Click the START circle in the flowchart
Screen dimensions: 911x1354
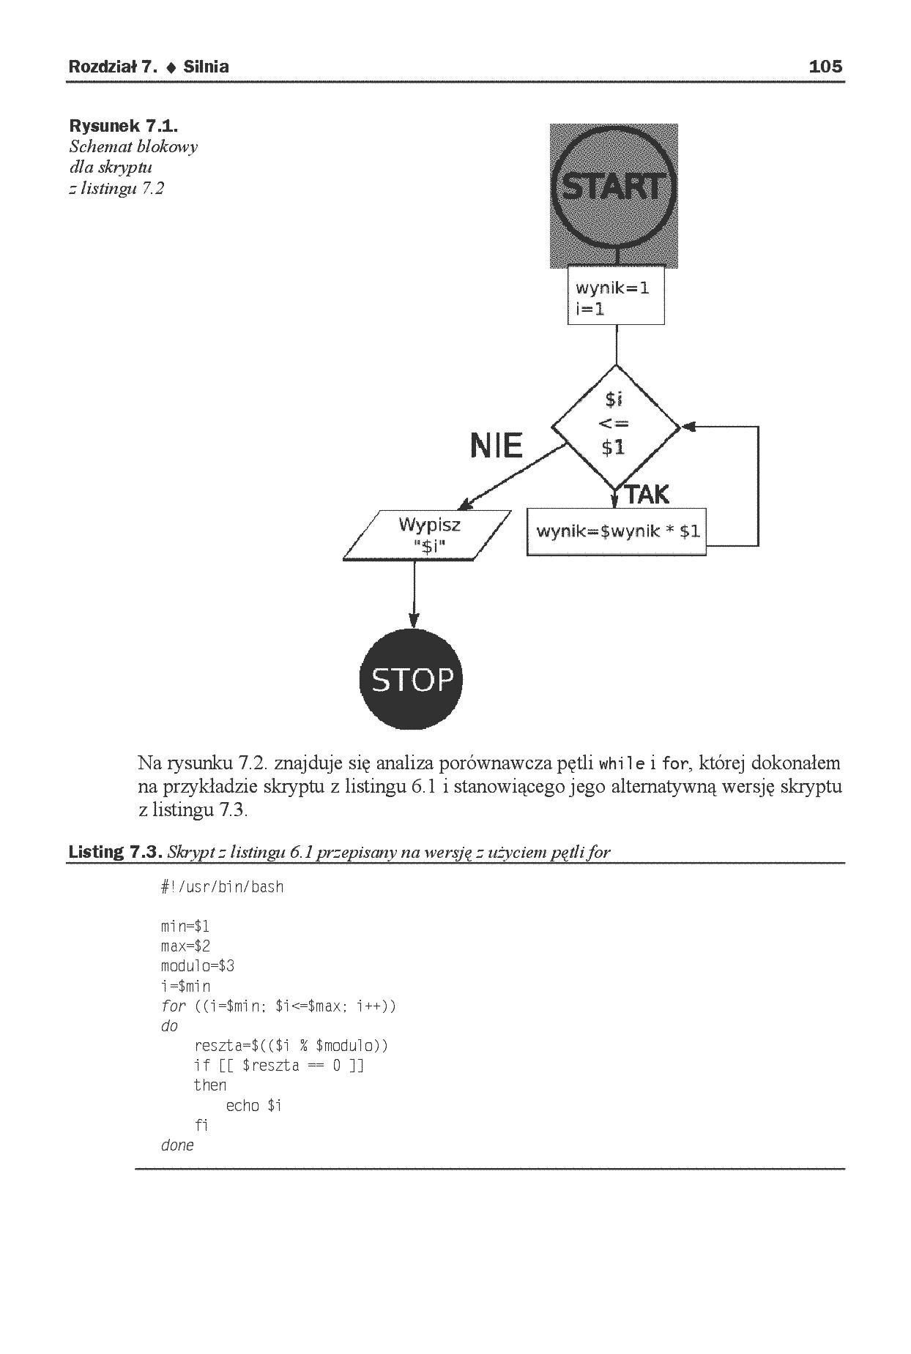click(614, 189)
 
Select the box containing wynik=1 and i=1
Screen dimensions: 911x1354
click(616, 295)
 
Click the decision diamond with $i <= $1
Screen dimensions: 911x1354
click(616, 426)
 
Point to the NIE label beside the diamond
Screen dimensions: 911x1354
click(497, 445)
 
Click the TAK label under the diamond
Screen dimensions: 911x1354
click(647, 495)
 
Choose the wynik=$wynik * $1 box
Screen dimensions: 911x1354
click(617, 532)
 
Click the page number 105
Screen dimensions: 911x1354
click(825, 67)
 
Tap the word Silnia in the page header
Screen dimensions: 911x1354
click(207, 67)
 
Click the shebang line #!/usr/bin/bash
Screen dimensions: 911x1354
click(222, 887)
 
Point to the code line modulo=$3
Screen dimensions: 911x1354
click(198, 966)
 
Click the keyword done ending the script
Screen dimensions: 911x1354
click(177, 1145)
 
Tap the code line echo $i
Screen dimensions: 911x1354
click(254, 1105)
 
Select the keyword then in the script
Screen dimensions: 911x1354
click(210, 1085)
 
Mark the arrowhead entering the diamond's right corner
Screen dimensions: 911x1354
click(688, 427)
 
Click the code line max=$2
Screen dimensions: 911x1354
click(185, 946)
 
